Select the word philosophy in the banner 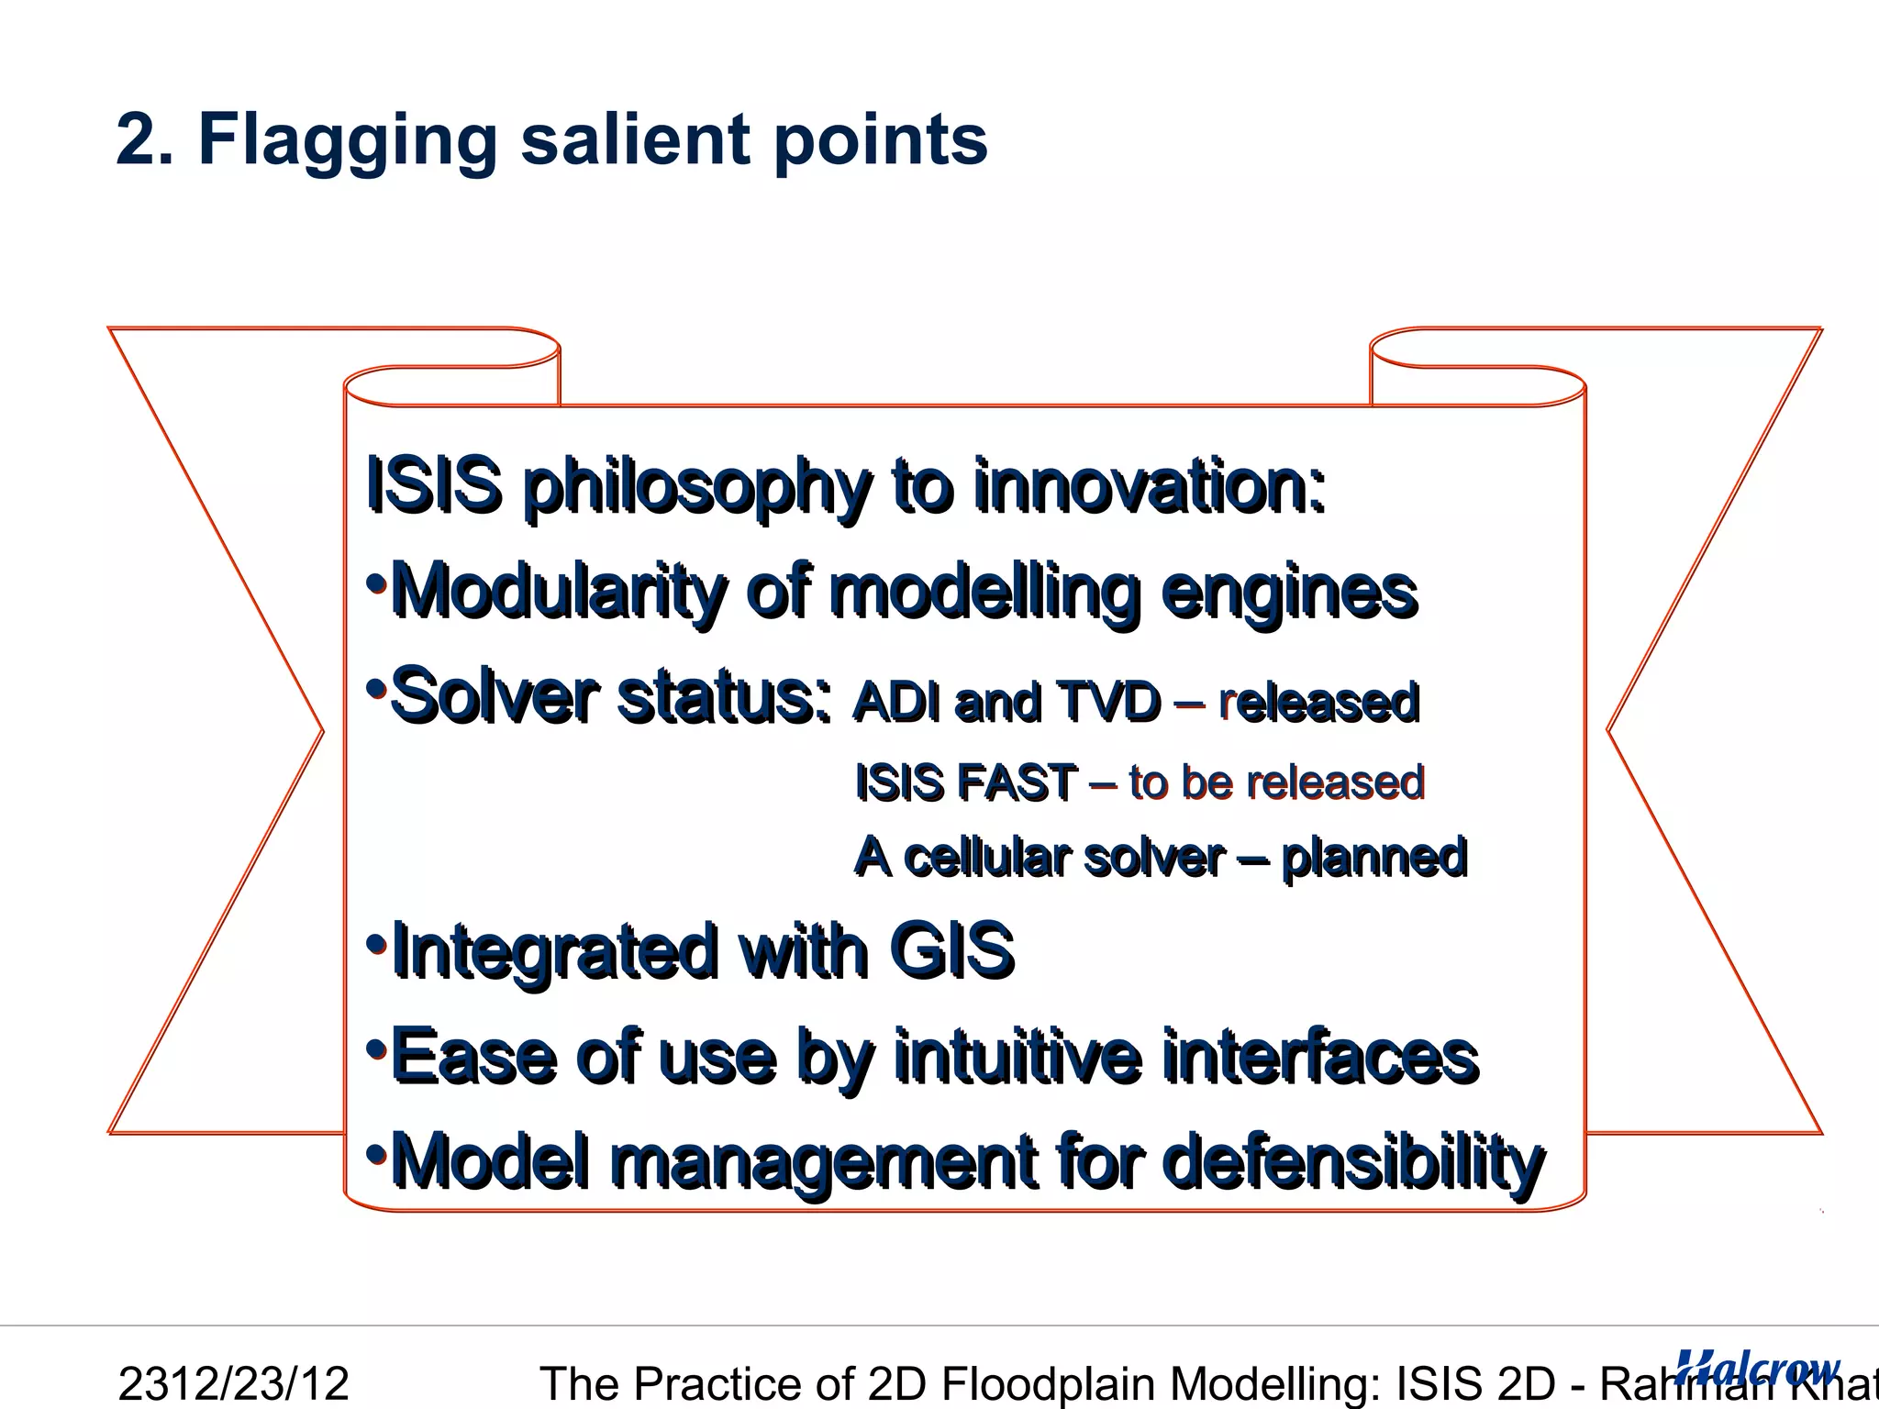695,487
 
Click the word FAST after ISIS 1017,783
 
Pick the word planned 1373,859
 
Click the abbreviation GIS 951,951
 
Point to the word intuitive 1018,1058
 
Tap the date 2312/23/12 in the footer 234,1383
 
